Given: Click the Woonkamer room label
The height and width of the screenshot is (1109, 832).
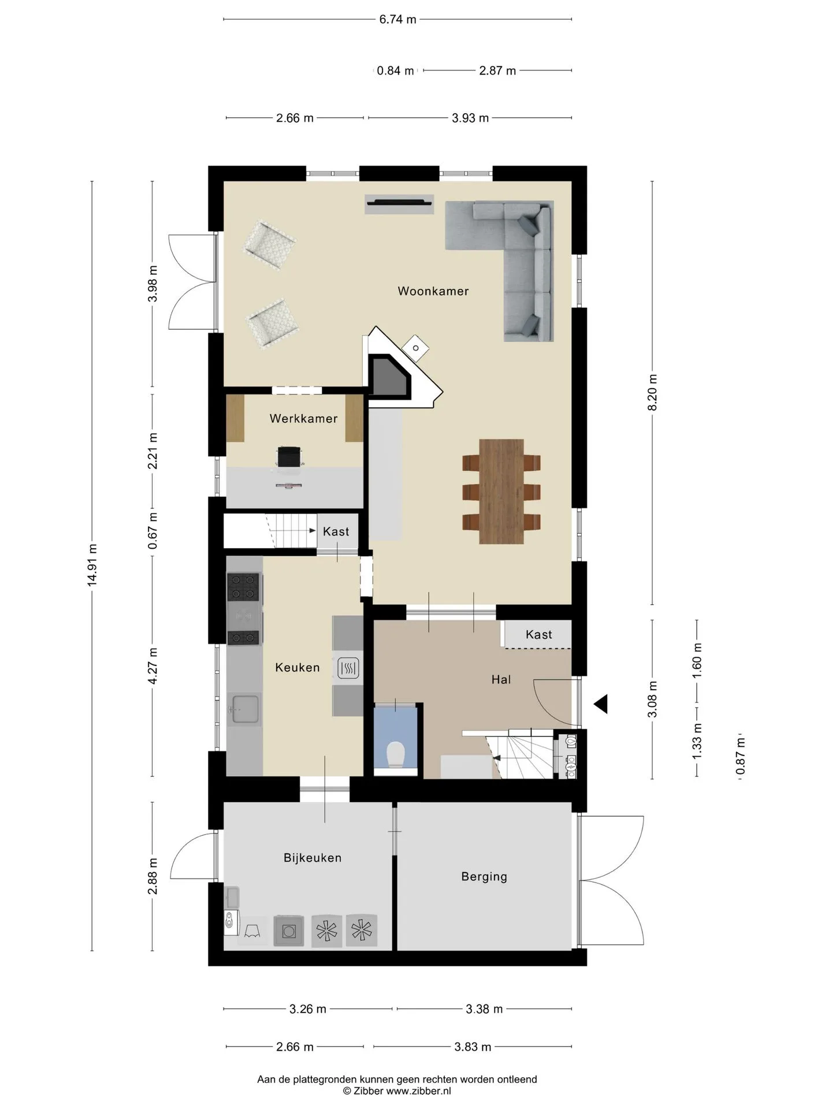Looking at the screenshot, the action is [x=433, y=291].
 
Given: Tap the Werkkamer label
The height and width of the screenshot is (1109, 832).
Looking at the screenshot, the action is [x=303, y=419].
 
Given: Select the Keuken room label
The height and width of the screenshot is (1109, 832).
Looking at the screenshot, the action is [x=298, y=668].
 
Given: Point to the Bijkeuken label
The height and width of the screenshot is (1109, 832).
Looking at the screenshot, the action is [x=313, y=858].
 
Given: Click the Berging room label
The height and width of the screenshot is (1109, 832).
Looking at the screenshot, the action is [x=484, y=877].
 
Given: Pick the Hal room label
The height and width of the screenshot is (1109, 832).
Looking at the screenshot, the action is [x=501, y=680].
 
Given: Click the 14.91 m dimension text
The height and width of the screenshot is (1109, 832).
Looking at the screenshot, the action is [x=92, y=565].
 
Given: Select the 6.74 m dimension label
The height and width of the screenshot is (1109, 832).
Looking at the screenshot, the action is [x=398, y=20].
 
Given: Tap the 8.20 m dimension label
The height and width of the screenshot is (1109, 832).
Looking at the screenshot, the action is [x=652, y=392].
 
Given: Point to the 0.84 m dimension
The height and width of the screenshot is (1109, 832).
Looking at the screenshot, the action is [x=395, y=71].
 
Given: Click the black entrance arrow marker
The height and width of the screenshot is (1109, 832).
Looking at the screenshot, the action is [x=601, y=704].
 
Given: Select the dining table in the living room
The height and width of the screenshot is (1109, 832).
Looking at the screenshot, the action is [x=502, y=492].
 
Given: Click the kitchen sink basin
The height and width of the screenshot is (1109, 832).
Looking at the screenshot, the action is [x=245, y=708].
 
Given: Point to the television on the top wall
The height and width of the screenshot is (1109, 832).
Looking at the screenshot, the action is [x=399, y=202].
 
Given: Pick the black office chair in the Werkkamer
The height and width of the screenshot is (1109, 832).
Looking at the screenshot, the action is [x=289, y=456].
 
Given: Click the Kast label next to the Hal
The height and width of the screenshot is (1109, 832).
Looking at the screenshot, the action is [x=539, y=635].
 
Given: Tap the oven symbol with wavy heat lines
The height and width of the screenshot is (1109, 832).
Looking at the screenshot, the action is [x=348, y=669].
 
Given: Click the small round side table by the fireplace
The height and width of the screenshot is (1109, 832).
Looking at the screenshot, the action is [x=416, y=348].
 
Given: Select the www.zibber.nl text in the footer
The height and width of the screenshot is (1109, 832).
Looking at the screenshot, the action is [x=418, y=1091].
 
